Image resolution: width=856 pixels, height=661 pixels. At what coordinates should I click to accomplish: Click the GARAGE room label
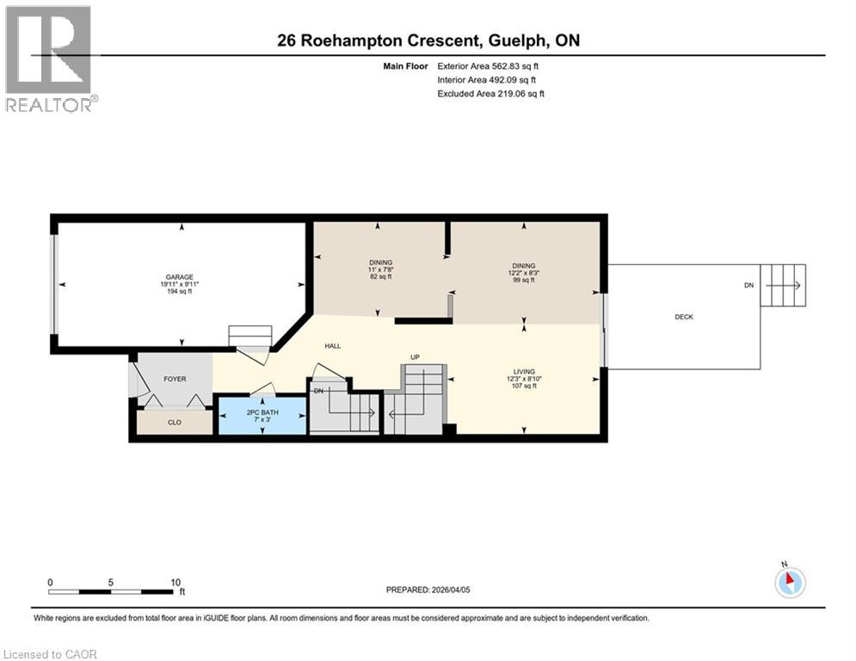(179, 277)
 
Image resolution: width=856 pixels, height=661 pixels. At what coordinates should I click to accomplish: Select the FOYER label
(175, 379)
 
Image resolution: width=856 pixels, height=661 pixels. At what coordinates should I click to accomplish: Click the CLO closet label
(175, 423)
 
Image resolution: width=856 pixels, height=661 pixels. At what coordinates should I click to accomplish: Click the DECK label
(684, 317)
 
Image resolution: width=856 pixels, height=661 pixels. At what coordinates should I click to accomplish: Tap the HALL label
(333, 346)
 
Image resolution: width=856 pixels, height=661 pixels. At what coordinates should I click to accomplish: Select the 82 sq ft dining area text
(380, 277)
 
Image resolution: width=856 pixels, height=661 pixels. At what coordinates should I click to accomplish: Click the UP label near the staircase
(414, 356)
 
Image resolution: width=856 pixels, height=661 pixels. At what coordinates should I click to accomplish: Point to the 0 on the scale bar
(50, 582)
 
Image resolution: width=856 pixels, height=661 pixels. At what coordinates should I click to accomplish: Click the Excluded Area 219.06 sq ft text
(491, 94)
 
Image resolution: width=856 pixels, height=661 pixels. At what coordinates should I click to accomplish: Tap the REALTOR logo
(50, 59)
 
